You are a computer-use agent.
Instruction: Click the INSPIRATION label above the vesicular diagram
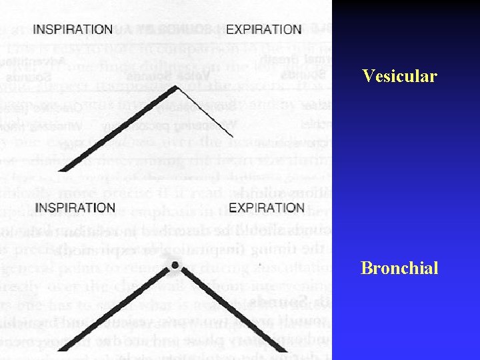73,30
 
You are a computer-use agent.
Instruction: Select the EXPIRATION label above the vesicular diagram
264,30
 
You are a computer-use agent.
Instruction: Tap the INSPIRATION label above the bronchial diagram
75,208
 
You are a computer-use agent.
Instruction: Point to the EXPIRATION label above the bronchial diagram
267,208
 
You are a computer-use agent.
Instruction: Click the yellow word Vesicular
399,76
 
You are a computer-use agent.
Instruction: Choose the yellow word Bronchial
399,268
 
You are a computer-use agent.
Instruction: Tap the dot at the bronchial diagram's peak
174,266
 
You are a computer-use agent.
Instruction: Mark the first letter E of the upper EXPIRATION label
231,30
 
